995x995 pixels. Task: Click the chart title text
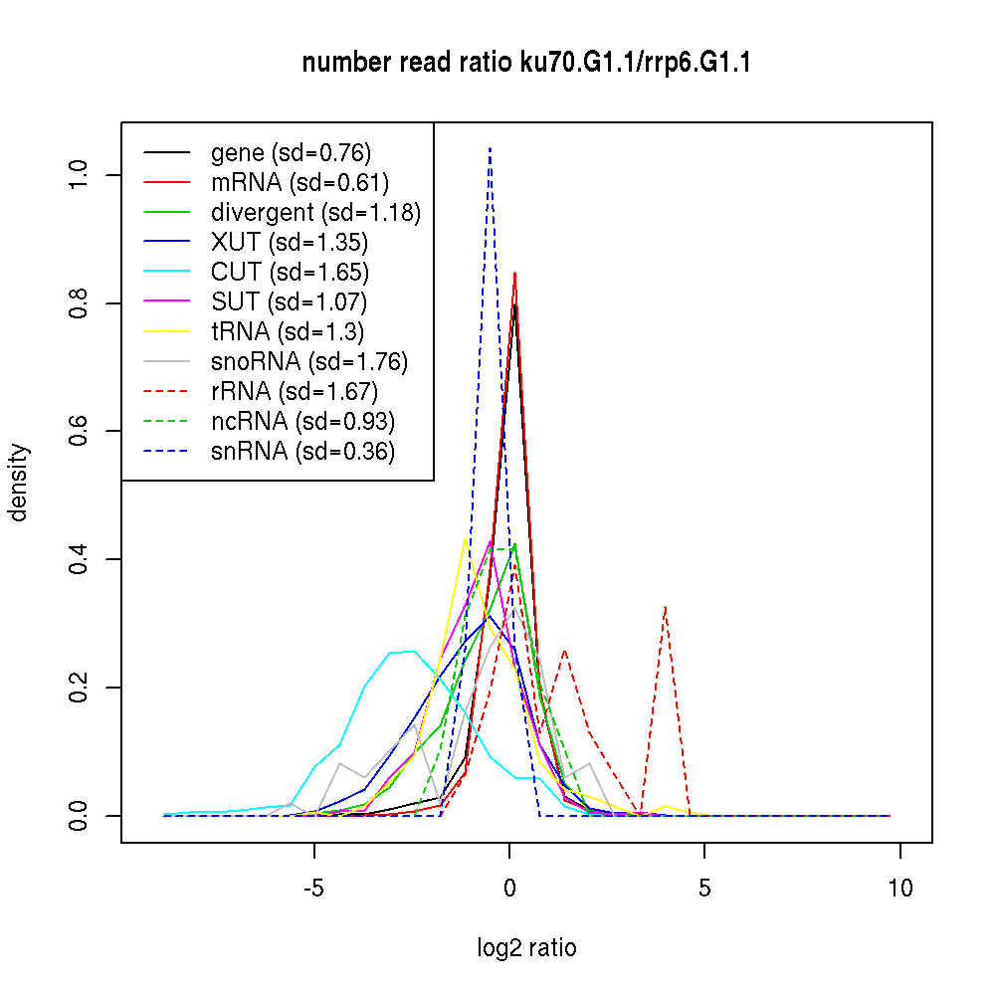point(526,64)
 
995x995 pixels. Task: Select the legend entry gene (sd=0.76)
point(291,153)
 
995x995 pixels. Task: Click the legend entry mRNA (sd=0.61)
point(299,183)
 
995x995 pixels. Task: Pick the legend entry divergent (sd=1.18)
point(315,213)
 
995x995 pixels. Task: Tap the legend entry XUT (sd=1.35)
point(289,243)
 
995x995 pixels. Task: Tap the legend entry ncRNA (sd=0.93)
point(302,422)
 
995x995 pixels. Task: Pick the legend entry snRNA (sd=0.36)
point(302,452)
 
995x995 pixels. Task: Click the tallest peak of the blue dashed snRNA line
point(490,148)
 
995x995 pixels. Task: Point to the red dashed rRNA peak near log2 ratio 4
point(665,606)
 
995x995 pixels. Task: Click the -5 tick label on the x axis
point(314,889)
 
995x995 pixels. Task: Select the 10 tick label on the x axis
point(899,889)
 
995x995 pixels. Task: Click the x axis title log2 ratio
point(526,948)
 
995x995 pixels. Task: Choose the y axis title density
point(19,482)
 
